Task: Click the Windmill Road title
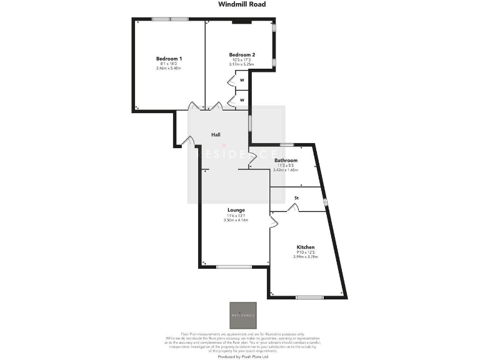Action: [x=242, y=4]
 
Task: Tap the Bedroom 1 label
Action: [x=168, y=59]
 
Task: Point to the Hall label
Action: [x=216, y=134]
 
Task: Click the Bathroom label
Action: [x=286, y=161]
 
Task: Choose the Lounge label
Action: [x=236, y=210]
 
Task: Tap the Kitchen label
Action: [x=306, y=247]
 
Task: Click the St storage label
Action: [x=296, y=199]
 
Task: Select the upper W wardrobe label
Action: [x=241, y=80]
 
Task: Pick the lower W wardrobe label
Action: [x=241, y=99]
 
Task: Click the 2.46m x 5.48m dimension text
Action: [x=168, y=68]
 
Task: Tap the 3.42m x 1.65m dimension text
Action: [x=286, y=169]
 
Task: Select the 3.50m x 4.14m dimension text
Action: [x=236, y=220]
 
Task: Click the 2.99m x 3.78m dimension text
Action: [x=306, y=257]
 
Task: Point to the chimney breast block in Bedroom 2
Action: [x=241, y=22]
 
